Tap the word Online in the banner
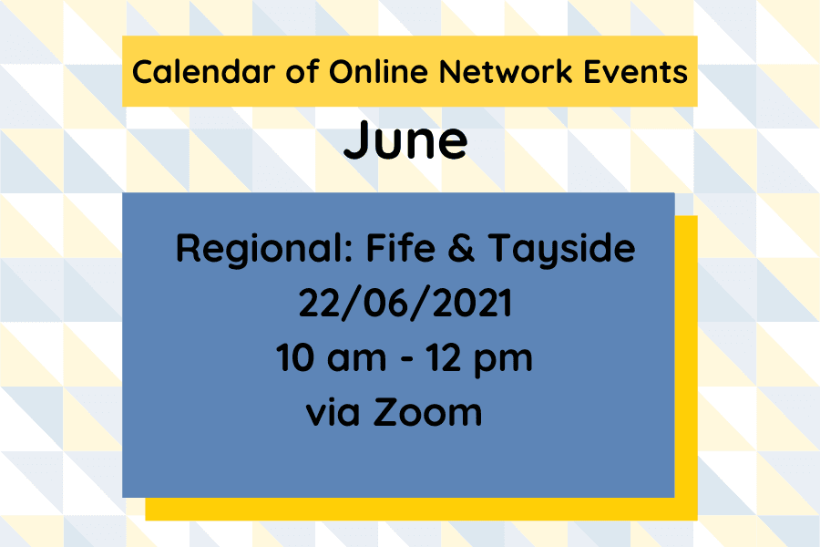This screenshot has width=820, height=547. [348, 71]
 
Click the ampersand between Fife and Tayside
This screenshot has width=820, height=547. [461, 249]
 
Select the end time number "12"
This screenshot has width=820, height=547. [449, 358]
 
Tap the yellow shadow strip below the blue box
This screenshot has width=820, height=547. [410, 509]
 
